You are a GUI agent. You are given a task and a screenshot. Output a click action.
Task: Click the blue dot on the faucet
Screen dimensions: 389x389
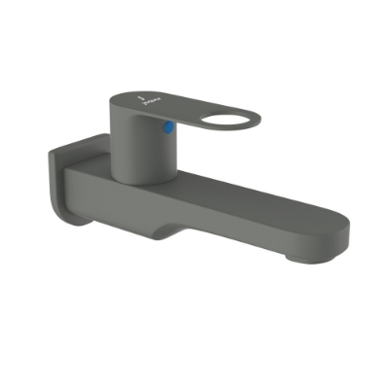170,126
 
